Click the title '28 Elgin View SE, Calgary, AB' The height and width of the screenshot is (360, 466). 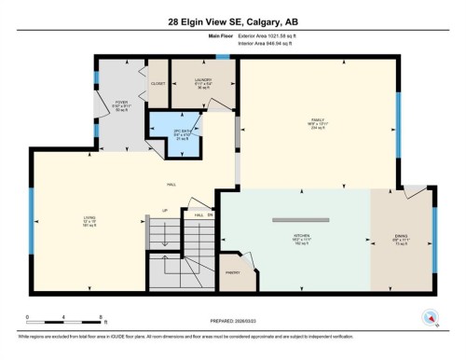pyautogui.click(x=233, y=21)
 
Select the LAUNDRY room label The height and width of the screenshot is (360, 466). pyautogui.click(x=203, y=81)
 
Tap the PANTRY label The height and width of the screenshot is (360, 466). pyautogui.click(x=234, y=272)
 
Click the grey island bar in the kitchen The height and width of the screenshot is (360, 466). pyautogui.click(x=303, y=220)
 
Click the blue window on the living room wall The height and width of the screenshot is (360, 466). pyautogui.click(x=32, y=217)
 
